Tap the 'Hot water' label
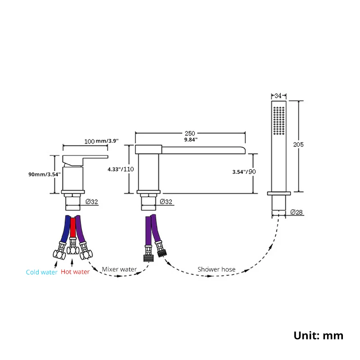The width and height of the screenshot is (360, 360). [75, 272]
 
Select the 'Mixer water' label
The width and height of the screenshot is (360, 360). [119, 269]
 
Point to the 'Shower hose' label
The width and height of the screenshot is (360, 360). [216, 269]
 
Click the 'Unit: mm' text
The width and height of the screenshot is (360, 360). [318, 335]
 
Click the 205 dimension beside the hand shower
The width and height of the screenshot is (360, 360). [298, 144]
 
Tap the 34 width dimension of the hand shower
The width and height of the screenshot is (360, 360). [278, 96]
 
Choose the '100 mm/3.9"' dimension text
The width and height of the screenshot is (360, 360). [101, 141]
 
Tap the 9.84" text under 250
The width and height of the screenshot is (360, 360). [190, 139]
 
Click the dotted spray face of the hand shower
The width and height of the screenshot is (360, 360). [279, 119]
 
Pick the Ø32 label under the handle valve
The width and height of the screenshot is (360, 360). [92, 202]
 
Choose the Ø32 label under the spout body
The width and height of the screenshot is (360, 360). [166, 202]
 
